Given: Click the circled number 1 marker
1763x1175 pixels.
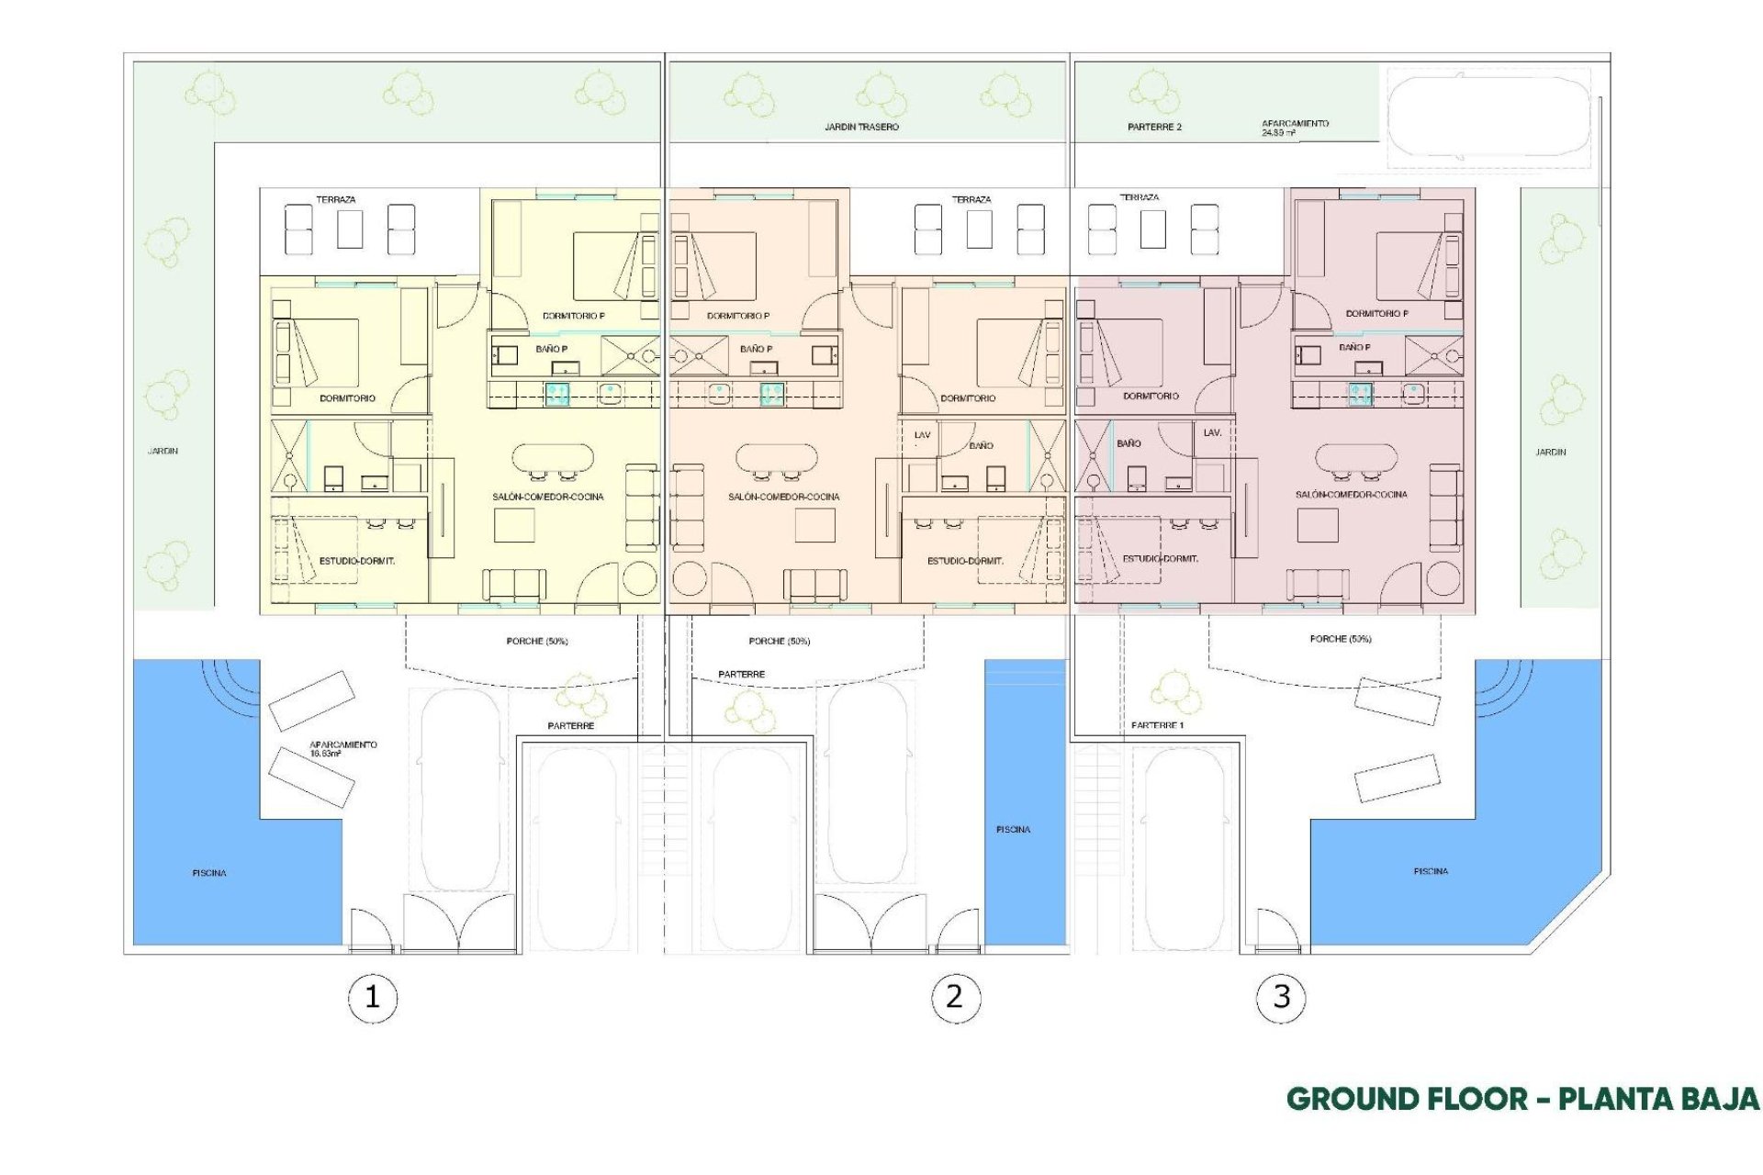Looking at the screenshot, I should tap(372, 997).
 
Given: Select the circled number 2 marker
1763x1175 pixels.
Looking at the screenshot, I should tap(955, 997).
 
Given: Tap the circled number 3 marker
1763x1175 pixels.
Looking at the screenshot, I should tap(1281, 997).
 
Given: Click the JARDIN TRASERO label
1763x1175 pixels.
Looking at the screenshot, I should tap(861, 127).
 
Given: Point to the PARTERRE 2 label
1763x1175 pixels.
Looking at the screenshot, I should tap(1154, 127).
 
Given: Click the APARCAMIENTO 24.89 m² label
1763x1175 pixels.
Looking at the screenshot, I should tap(1295, 128).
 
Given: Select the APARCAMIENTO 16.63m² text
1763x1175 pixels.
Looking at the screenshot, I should tap(342, 748).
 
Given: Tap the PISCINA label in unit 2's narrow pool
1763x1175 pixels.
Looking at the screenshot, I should tap(1013, 829).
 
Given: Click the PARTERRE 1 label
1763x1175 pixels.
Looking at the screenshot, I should tap(1157, 725).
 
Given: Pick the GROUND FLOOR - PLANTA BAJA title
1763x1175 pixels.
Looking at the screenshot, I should tap(1522, 1099).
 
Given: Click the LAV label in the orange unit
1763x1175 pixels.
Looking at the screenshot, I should tap(922, 435).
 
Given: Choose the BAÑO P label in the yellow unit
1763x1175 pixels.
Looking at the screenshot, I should tap(552, 349).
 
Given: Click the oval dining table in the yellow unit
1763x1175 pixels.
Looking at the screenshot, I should tap(553, 457).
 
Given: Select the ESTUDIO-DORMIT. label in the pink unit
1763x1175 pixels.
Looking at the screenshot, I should tap(1160, 558).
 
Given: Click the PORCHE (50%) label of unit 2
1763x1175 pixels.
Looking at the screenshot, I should tap(779, 641).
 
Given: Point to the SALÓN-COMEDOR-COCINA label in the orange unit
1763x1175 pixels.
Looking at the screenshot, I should tap(783, 497).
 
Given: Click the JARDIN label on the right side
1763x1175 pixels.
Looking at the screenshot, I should tap(1550, 452).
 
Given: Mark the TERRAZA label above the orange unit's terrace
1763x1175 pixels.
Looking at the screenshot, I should tap(971, 199).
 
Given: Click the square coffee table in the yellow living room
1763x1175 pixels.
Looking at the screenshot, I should tap(514, 525).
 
